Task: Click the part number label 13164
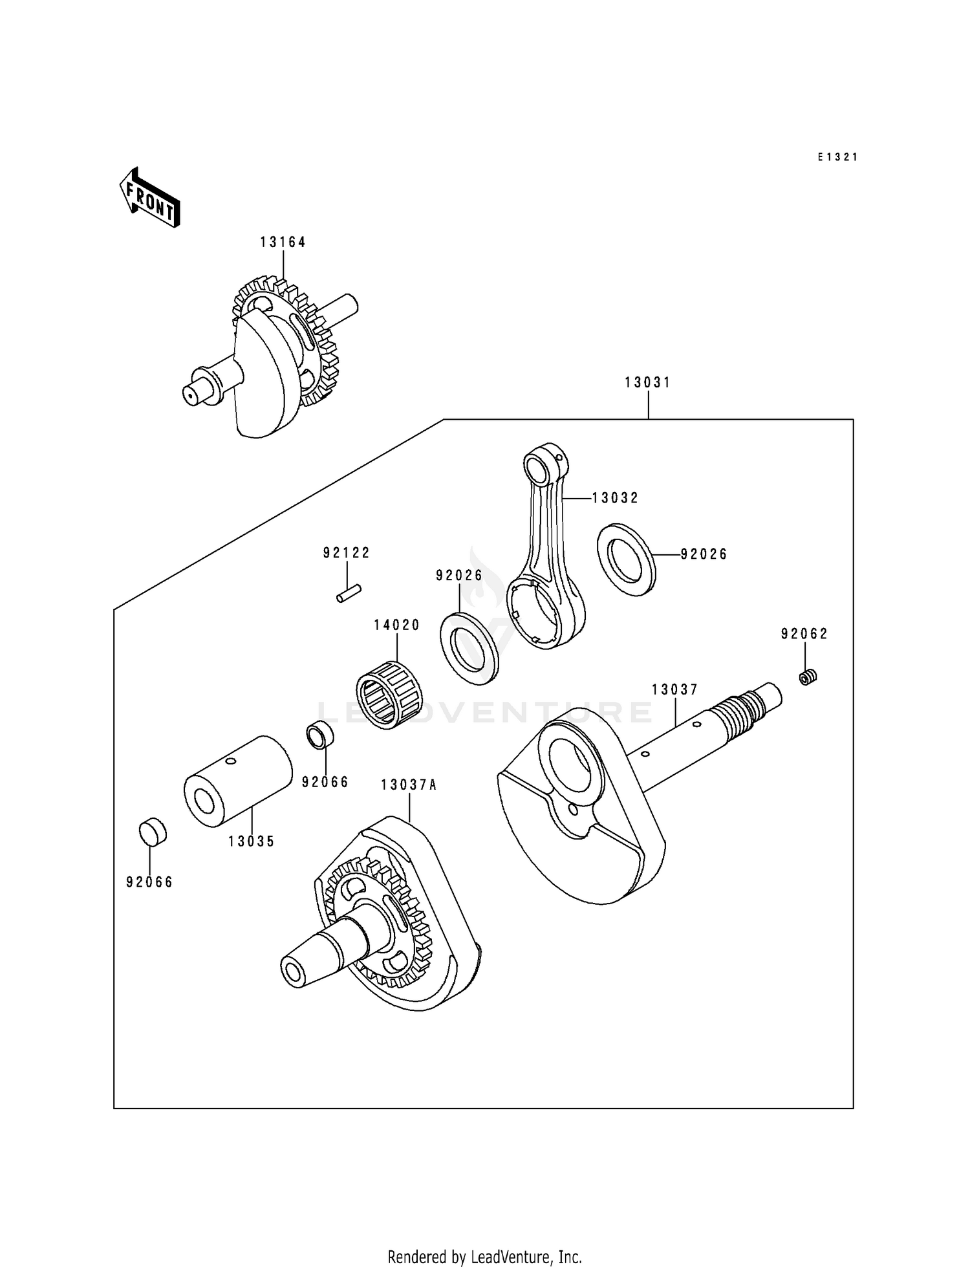pyautogui.click(x=283, y=242)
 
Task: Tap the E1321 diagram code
pyautogui.click(x=837, y=157)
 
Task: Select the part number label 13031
pyautogui.click(x=647, y=383)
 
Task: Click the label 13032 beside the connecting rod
pyautogui.click(x=615, y=498)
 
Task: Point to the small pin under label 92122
pyautogui.click(x=349, y=593)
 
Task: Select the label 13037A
pyautogui.click(x=409, y=785)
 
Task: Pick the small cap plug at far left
pyautogui.click(x=153, y=832)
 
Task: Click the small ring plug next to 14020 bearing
pyautogui.click(x=319, y=736)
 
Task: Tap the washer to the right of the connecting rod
pyautogui.click(x=626, y=560)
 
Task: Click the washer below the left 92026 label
pyautogui.click(x=469, y=647)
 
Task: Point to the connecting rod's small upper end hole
pyautogui.click(x=538, y=466)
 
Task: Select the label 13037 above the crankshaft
pyautogui.click(x=674, y=690)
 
